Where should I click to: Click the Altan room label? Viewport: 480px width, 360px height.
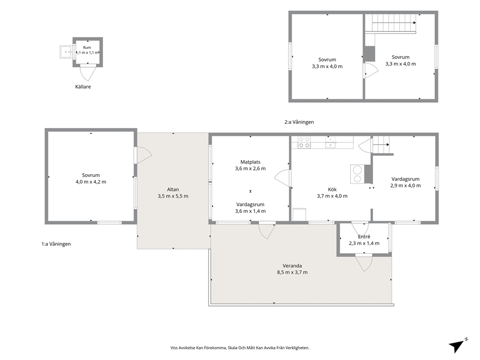click(x=173, y=190)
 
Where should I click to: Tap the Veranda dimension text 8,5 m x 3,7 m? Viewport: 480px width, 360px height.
click(x=292, y=272)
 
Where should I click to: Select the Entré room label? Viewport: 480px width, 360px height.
click(x=364, y=237)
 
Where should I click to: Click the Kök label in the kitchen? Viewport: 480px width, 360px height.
click(x=332, y=190)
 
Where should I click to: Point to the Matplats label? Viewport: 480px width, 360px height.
click(x=251, y=162)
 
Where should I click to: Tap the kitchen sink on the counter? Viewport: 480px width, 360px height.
click(x=331, y=143)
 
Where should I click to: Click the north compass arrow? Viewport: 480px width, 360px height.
click(x=458, y=345)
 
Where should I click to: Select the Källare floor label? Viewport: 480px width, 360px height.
click(x=83, y=87)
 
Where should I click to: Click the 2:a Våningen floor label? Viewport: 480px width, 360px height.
click(x=299, y=122)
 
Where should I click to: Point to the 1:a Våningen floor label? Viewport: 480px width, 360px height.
click(x=56, y=244)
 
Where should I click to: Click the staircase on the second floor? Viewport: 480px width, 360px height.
click(x=394, y=23)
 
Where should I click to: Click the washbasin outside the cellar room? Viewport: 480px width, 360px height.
click(x=66, y=52)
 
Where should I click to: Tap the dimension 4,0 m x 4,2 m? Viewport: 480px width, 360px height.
click(x=91, y=182)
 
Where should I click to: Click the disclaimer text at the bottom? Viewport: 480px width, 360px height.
click(x=240, y=348)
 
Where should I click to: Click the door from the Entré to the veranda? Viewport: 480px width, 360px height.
click(x=364, y=263)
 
